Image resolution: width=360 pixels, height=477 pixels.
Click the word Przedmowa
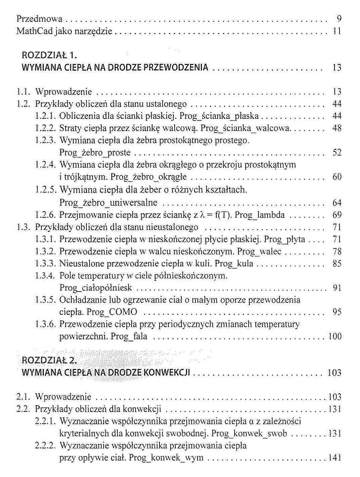coord(39,19)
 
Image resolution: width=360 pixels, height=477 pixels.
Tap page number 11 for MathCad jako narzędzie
coord(337,31)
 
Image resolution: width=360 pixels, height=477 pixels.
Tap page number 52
coord(337,152)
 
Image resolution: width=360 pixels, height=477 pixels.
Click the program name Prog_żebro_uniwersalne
coord(108,203)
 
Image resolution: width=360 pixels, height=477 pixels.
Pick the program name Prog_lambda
coord(259,215)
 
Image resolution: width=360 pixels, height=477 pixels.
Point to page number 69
coord(337,215)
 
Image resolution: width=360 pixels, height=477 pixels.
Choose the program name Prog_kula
coord(234,264)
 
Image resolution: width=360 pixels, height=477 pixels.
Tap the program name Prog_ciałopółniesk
coord(96,288)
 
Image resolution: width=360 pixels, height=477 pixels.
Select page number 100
coord(335,336)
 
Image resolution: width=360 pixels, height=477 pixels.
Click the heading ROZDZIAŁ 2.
coord(49,360)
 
